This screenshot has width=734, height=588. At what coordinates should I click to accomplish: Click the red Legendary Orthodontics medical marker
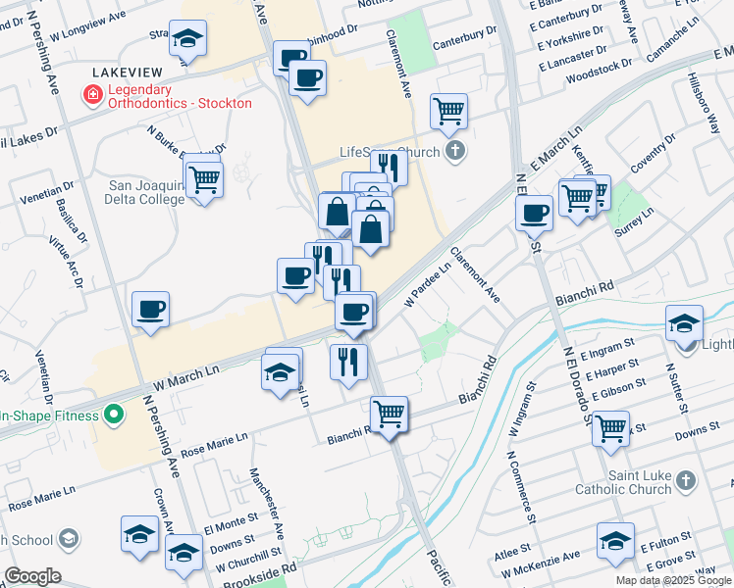[92, 95]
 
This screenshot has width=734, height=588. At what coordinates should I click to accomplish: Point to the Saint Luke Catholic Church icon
[685, 480]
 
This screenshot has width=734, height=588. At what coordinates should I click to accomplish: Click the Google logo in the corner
[32, 576]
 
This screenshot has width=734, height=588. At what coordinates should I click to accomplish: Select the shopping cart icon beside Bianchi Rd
[389, 414]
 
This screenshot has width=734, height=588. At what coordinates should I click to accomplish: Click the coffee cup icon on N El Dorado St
[535, 212]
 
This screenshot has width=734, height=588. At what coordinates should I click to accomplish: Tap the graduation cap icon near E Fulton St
[615, 540]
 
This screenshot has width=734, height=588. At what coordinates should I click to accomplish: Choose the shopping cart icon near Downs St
[610, 427]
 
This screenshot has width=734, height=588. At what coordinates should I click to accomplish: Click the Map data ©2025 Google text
[673, 580]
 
